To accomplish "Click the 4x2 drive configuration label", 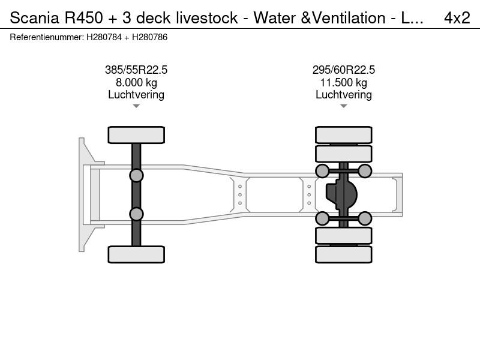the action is click(457, 18).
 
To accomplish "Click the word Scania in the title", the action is click(34, 18).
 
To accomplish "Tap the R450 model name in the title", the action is click(83, 18).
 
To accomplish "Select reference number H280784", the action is click(104, 37).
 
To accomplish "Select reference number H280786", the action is click(149, 37).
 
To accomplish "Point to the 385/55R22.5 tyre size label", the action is click(136, 70).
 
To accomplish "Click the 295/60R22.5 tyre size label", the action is click(343, 70).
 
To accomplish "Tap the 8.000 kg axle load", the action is click(136, 83).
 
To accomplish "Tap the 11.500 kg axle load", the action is click(343, 83).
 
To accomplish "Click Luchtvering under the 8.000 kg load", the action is click(136, 95).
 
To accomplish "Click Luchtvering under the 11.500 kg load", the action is click(343, 95).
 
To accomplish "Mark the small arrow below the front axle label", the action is click(136, 106).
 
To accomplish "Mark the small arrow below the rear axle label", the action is click(343, 106).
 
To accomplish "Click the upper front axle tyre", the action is click(136, 135).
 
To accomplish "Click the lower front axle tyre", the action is click(136, 254).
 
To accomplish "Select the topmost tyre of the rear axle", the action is click(343, 134).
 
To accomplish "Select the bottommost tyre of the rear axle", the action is click(343, 254).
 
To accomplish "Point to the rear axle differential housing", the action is click(341, 194).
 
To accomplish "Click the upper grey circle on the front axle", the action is click(136, 176).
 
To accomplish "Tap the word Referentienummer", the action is click(47, 37).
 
